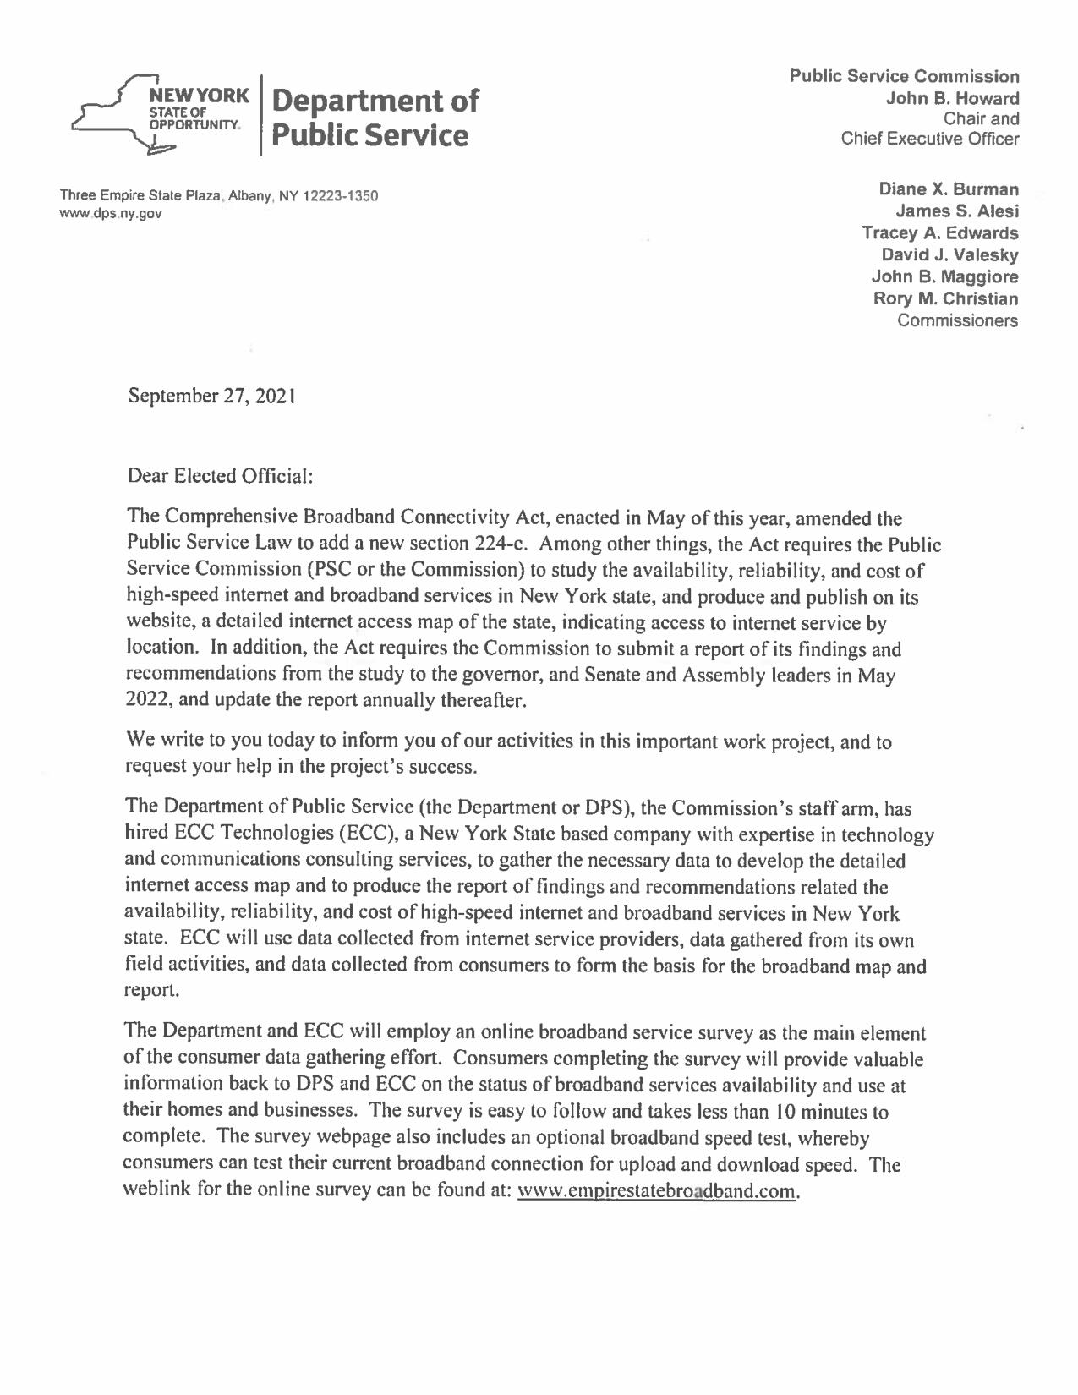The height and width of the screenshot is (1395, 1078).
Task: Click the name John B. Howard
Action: [x=952, y=98]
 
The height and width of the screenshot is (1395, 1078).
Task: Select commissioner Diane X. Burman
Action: [x=949, y=189]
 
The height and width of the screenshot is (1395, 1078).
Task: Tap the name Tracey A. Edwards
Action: [x=939, y=232]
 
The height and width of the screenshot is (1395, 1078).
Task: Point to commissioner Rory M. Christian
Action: [x=945, y=298]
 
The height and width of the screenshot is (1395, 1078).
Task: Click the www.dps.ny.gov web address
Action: [x=110, y=213]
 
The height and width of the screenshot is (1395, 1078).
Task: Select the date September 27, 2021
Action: [x=211, y=395]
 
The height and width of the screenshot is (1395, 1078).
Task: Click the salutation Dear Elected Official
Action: [x=220, y=476]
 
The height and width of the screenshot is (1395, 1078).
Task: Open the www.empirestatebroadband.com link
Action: [x=656, y=1191]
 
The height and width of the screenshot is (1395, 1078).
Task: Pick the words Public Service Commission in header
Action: [x=904, y=76]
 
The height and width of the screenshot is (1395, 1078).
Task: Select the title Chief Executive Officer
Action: [x=930, y=139]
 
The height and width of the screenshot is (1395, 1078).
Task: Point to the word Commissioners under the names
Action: [x=957, y=320]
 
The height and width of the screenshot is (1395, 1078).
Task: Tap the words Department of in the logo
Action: [x=375, y=101]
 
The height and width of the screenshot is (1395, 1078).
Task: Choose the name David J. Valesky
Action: [x=949, y=254]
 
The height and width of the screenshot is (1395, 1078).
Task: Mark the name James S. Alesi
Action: [x=957, y=211]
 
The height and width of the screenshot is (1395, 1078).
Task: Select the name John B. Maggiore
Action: [x=944, y=276]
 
